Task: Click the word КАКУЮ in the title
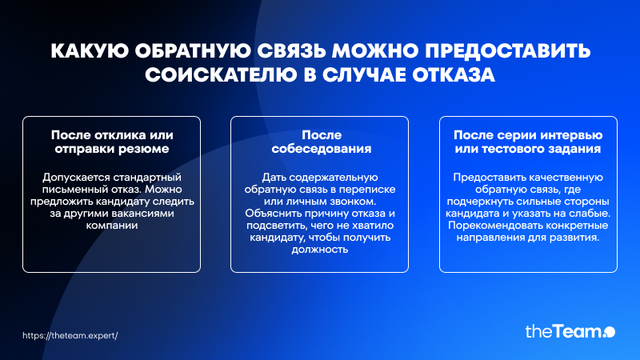coord(90,51)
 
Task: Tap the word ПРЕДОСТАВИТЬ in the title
coord(508,51)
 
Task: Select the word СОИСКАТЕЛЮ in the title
coord(221,75)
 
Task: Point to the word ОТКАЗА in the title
coord(453,75)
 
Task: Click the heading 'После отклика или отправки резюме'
coord(112,142)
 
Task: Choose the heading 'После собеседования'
coord(322,142)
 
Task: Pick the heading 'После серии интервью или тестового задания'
coord(528,142)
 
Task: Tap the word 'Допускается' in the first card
coord(76,178)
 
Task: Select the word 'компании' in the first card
coord(112,226)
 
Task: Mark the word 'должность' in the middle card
coord(319,250)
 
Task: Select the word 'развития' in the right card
coord(579,238)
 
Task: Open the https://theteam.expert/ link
coord(70,335)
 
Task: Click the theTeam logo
coord(570,331)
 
